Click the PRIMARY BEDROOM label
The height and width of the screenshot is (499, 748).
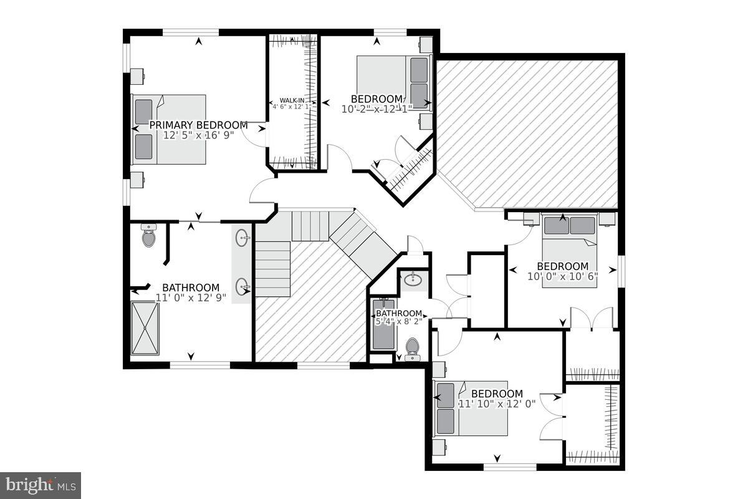click(x=198, y=125)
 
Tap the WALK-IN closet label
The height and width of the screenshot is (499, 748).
click(x=291, y=100)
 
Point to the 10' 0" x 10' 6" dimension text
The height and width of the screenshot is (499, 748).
click(x=562, y=276)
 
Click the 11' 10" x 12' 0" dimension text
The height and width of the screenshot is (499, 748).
click(x=497, y=404)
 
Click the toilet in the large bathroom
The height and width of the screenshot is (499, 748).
click(x=148, y=236)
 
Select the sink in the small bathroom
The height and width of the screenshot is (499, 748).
click(x=412, y=280)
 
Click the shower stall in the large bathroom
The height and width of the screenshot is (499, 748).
click(x=145, y=328)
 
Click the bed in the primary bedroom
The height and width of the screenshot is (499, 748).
click(x=169, y=129)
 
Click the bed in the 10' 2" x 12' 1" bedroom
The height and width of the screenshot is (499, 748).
click(x=393, y=82)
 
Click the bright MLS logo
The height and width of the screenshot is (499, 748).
click(x=41, y=485)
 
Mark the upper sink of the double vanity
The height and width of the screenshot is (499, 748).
click(x=242, y=238)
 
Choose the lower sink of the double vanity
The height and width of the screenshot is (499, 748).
click(x=242, y=288)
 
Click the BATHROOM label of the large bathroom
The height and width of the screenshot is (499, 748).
click(x=191, y=288)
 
